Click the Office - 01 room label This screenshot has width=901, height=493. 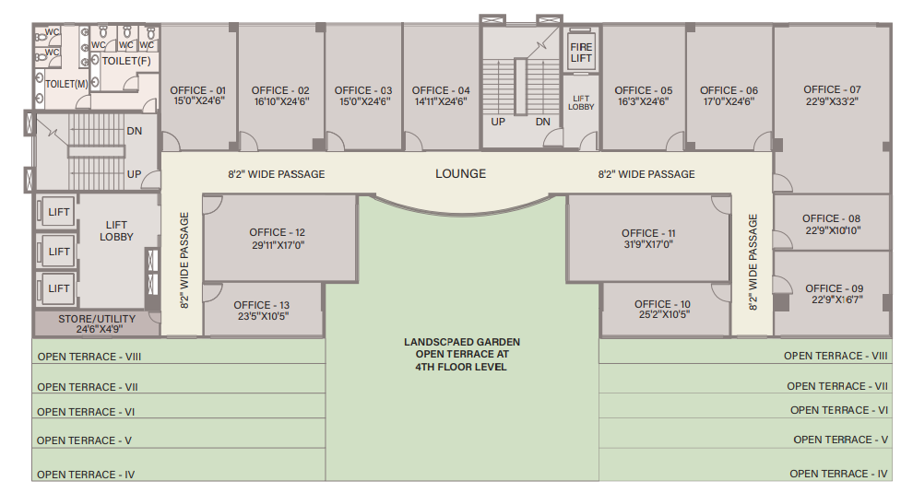[x=197, y=90]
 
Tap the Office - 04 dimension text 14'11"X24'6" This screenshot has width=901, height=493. [x=441, y=101]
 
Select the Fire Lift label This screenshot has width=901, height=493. [x=581, y=53]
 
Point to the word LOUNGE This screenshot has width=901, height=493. [x=460, y=173]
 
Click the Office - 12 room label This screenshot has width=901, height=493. [x=277, y=232]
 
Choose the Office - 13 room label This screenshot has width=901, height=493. [x=262, y=305]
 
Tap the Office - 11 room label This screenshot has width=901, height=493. [x=648, y=233]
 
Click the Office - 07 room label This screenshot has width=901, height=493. [x=832, y=89]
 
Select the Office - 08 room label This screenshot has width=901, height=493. [x=832, y=218]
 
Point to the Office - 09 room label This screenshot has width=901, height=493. [x=835, y=288]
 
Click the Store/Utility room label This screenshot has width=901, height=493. [x=97, y=319]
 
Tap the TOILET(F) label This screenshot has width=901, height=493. [x=126, y=61]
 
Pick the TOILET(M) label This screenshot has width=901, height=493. [x=66, y=84]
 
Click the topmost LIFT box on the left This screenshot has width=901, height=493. [x=57, y=212]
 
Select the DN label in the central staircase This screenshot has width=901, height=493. [x=543, y=122]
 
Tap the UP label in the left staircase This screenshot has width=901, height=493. [x=134, y=174]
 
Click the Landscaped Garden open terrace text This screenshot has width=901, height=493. [x=461, y=354]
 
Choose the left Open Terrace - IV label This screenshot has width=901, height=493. [x=86, y=475]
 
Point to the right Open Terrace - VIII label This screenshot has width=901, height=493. [x=836, y=356]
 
